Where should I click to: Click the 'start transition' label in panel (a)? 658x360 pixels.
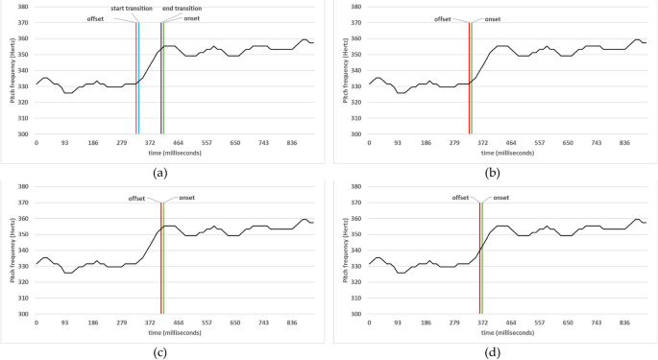[131, 8]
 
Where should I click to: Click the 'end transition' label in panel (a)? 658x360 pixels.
[183, 8]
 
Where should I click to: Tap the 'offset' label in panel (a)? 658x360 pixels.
[95, 19]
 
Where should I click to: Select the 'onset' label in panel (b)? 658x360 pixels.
[493, 19]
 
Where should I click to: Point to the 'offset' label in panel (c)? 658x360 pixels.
[136, 199]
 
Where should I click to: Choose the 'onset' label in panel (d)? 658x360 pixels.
[500, 198]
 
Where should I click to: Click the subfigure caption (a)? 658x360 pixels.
[160, 173]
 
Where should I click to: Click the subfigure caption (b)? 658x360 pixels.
[494, 173]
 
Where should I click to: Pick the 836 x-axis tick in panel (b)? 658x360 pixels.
[624, 141]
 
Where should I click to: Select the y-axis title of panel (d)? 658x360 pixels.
[341, 252]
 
